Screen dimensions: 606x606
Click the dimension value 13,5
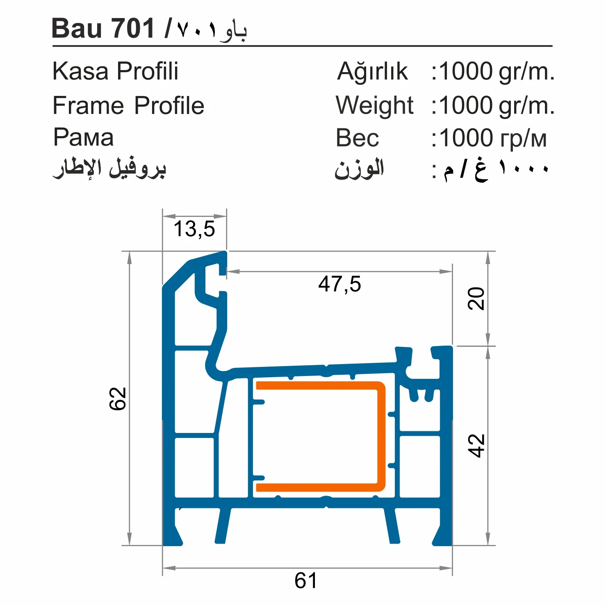tap(194, 229)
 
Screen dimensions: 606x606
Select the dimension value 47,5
tap(339, 284)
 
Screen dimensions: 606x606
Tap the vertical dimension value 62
tap(118, 399)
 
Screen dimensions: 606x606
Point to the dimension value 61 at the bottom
tap(306, 581)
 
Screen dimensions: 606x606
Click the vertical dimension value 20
tap(476, 298)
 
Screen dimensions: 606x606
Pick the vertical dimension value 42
tap(476, 445)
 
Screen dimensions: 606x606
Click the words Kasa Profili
tap(116, 71)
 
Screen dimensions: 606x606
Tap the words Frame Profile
tap(128, 106)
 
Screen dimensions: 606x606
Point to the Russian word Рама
tap(83, 137)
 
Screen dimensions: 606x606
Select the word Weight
tap(374, 106)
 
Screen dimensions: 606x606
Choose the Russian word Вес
tap(357, 138)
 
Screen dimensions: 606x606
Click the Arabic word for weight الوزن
tap(359, 169)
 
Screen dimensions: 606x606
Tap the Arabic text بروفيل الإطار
tap(109, 168)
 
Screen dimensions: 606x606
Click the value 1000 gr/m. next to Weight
tap(497, 106)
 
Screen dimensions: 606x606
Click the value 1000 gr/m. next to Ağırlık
tap(497, 71)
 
